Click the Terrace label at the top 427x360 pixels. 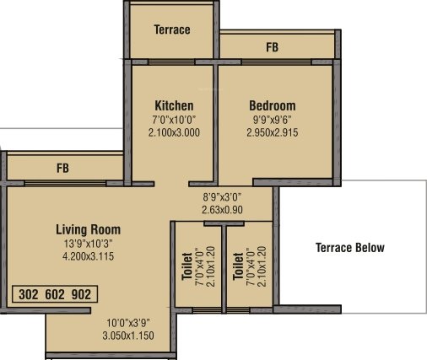(x=172, y=30)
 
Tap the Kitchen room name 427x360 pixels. (x=174, y=105)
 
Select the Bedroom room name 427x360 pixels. (x=272, y=105)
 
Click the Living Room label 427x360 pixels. (x=88, y=229)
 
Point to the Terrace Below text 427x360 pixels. (x=349, y=248)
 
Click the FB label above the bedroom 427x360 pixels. (x=272, y=48)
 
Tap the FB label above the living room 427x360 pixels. (x=62, y=168)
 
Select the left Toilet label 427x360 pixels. (x=187, y=264)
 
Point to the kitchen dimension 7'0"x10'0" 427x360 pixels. (x=174, y=120)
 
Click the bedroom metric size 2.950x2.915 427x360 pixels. (x=272, y=133)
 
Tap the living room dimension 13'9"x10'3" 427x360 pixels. (x=88, y=244)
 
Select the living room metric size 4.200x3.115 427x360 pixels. (x=88, y=257)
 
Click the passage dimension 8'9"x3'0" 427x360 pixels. (x=223, y=196)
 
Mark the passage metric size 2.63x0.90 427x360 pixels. (x=223, y=209)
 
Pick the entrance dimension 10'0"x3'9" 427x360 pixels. (x=128, y=323)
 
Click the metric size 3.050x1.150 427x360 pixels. (x=128, y=336)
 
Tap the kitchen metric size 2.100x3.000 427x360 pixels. (x=174, y=133)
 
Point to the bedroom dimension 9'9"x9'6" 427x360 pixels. (x=272, y=120)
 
